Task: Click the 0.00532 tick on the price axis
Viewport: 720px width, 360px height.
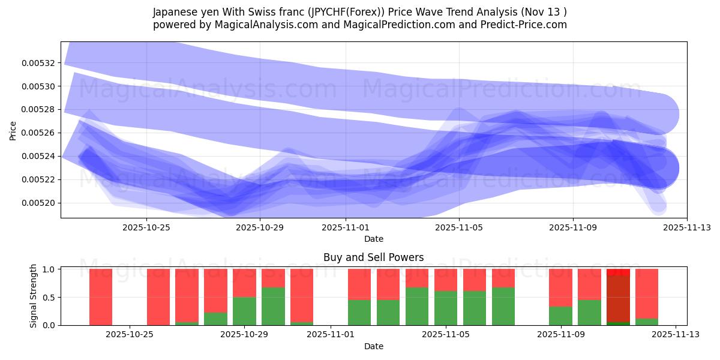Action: point(38,63)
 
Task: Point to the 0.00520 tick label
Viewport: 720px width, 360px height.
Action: point(38,203)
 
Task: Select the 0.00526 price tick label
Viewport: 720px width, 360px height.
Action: point(38,133)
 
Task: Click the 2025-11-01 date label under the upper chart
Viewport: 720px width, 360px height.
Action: point(346,227)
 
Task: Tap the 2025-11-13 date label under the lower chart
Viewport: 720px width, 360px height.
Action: point(676,335)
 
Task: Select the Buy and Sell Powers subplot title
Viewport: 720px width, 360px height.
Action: point(373,257)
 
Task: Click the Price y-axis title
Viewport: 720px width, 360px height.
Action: point(13,130)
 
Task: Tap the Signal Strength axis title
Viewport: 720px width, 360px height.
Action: point(34,296)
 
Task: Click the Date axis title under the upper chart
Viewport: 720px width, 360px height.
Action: point(373,239)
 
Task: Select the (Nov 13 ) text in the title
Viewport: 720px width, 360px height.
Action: point(545,12)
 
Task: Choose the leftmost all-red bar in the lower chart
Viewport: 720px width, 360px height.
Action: point(101,297)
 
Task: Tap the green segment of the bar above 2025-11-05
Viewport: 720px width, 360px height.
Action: point(446,308)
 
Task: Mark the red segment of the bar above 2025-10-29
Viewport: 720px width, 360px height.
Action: point(244,283)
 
